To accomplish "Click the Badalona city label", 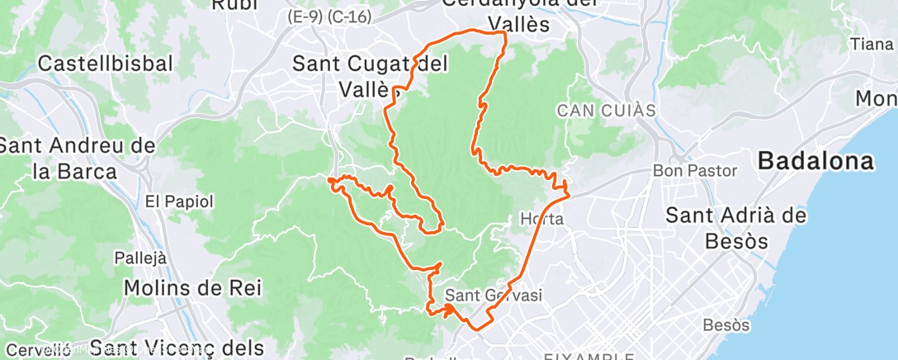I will click(x=815, y=162).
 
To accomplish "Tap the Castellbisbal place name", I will click(x=106, y=64).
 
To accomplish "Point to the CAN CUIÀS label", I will click(x=606, y=110).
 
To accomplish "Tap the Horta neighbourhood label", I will click(x=541, y=220).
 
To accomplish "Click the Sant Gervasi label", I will click(x=494, y=295).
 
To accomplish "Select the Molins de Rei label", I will click(x=192, y=287).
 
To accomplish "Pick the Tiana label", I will click(x=872, y=44).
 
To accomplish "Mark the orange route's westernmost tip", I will click(x=328, y=179).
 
